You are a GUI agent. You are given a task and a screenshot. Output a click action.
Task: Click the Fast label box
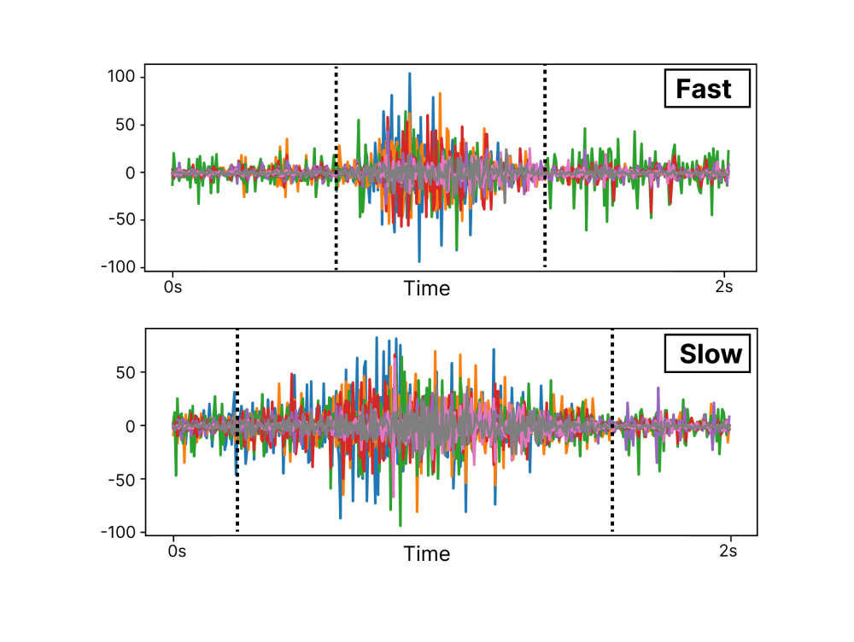706,89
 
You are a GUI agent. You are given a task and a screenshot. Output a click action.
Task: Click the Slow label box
707,353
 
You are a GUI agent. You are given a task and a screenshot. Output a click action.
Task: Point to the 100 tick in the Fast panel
123,77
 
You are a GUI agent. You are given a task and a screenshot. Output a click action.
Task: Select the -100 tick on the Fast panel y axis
120,267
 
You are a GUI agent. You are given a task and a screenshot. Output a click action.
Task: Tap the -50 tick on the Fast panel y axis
123,219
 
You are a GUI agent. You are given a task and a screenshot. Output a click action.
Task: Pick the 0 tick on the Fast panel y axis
132,172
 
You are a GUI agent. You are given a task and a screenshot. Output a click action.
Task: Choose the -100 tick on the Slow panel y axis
120,532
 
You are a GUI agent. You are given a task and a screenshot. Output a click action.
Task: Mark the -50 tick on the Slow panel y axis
123,479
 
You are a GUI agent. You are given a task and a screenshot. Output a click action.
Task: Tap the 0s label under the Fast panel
173,287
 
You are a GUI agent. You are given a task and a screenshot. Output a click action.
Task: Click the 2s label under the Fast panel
723,287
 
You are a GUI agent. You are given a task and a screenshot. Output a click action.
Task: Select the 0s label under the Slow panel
177,552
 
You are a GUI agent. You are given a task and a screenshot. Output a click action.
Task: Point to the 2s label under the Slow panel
728,552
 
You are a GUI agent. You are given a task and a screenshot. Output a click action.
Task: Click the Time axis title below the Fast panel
427,289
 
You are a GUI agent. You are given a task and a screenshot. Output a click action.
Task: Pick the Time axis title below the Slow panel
427,554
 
